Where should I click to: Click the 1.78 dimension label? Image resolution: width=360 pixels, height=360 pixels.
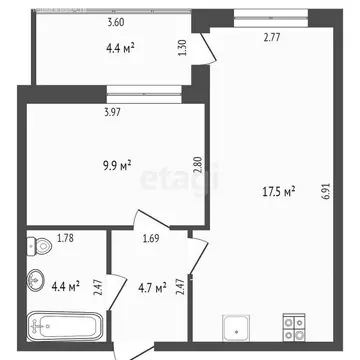click(x=66, y=239)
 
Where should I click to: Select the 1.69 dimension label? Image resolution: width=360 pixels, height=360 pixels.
click(x=150, y=239)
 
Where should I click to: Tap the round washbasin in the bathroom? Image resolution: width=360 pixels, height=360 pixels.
click(x=37, y=281)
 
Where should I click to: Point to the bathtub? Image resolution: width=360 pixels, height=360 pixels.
click(x=64, y=325)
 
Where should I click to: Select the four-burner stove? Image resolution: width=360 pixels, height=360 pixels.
click(x=294, y=325)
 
